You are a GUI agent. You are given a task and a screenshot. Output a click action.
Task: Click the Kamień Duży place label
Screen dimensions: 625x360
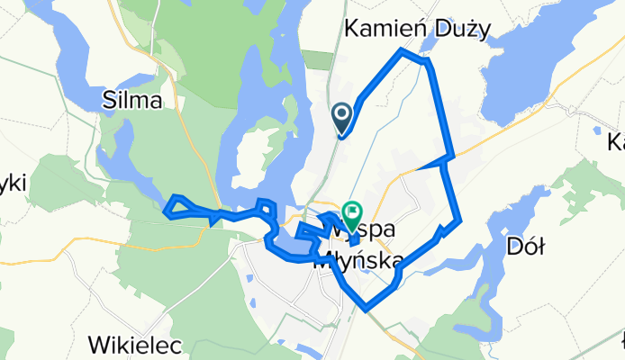[417, 29]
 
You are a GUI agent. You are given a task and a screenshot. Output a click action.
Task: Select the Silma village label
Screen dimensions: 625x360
[132, 101]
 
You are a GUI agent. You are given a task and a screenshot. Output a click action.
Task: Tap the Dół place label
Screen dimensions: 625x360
[527, 246]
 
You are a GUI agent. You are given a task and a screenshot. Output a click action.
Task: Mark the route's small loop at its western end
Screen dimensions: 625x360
[177, 206]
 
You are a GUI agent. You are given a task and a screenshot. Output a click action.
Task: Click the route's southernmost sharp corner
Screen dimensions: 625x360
[367, 310]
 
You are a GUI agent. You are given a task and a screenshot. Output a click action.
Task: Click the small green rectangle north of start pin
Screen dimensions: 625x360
[316, 59]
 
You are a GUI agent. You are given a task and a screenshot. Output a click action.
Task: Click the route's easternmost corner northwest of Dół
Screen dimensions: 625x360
[460, 219]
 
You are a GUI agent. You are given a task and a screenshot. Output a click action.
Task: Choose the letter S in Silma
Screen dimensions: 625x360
[110, 101]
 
